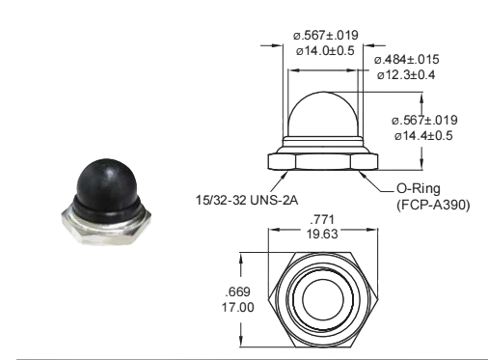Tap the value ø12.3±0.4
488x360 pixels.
point(406,73)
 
